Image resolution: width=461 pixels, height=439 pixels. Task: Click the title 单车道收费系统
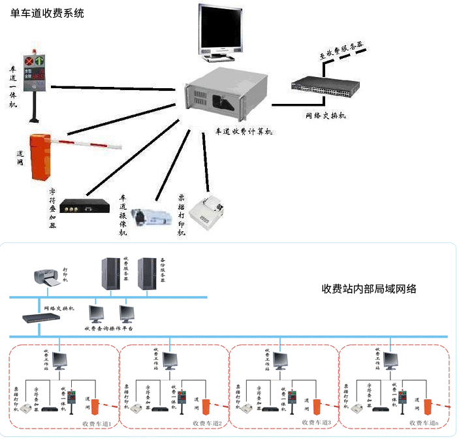[48, 13]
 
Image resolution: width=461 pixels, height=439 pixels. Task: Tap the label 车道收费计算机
[245, 131]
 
